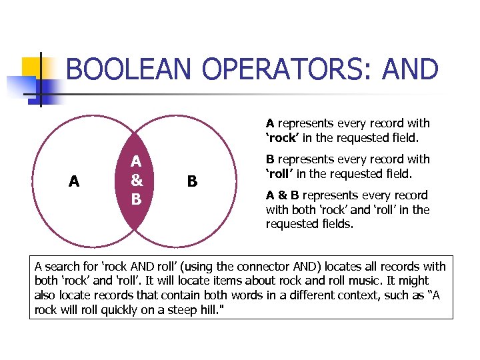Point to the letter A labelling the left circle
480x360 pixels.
74,181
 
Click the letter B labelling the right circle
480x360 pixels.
192,181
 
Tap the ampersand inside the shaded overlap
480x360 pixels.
136,180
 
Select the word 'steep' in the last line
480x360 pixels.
185,310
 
